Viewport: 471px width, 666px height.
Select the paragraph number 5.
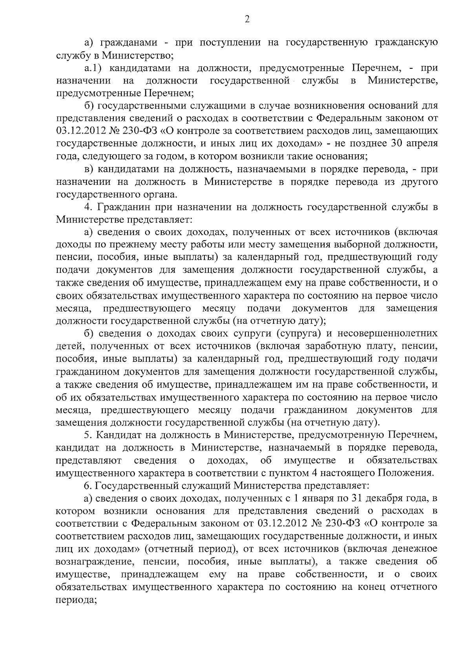pyautogui.click(x=88, y=435)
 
